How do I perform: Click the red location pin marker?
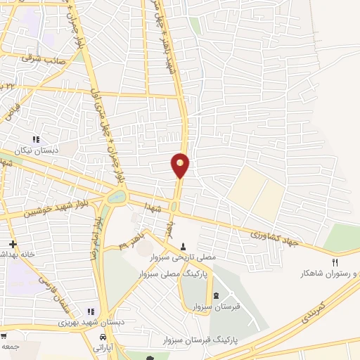coord(180,165)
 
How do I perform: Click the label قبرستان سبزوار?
coord(215,306)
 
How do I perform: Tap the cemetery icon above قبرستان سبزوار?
coord(215,295)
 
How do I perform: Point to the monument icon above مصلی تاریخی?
coord(184,247)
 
